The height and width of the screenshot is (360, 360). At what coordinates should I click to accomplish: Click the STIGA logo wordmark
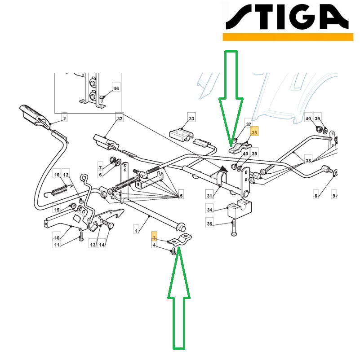tap(287, 17)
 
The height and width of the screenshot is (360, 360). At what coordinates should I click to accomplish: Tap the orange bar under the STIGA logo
tap(288, 37)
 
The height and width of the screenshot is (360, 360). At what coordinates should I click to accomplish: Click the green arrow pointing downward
tap(231, 99)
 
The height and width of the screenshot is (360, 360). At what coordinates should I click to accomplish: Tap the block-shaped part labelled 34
tap(240, 209)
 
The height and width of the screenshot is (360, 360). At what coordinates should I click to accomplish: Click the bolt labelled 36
tap(233, 228)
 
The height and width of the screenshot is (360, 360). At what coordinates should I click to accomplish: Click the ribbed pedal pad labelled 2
tap(34, 115)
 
